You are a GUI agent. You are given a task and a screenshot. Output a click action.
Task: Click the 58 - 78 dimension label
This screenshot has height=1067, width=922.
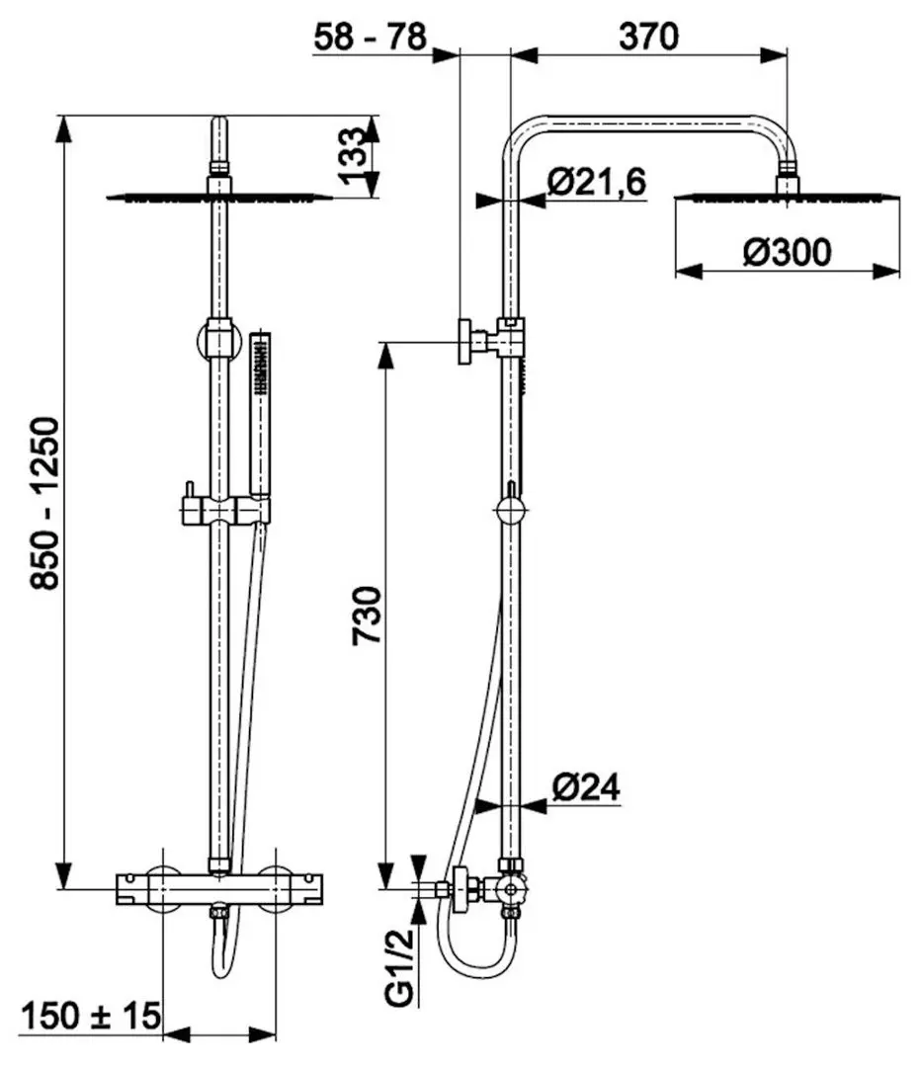(x=371, y=37)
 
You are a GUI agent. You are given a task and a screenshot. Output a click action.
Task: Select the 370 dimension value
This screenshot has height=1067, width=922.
(x=648, y=37)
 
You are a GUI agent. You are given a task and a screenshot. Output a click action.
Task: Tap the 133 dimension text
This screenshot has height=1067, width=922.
(x=353, y=156)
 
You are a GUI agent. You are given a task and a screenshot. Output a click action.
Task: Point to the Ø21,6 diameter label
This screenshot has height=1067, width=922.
(x=596, y=182)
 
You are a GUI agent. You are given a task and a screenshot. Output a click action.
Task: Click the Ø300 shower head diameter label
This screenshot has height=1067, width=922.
(x=788, y=253)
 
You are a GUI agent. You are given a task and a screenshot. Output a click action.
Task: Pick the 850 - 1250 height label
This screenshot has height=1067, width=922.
(x=45, y=503)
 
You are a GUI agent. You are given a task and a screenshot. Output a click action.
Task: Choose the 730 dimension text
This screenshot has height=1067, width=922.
(x=368, y=616)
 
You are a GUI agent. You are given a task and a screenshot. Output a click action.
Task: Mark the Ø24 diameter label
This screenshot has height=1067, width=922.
(x=586, y=787)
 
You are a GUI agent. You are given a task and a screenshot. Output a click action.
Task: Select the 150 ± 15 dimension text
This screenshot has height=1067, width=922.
(x=91, y=1017)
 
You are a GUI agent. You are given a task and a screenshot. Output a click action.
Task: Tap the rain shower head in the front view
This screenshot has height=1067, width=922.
(x=219, y=198)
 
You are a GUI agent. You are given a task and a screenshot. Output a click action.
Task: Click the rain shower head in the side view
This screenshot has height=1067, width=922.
(x=787, y=198)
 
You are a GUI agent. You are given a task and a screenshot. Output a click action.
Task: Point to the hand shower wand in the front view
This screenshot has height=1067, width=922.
(x=261, y=414)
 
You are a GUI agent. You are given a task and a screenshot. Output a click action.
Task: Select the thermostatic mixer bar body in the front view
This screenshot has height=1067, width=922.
(x=219, y=889)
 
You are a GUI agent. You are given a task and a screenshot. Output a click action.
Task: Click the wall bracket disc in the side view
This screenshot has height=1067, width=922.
(x=466, y=342)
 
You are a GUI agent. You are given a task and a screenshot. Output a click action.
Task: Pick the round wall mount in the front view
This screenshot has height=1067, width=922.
(x=218, y=340)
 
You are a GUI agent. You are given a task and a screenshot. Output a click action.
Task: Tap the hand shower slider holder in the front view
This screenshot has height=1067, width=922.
(x=225, y=510)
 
